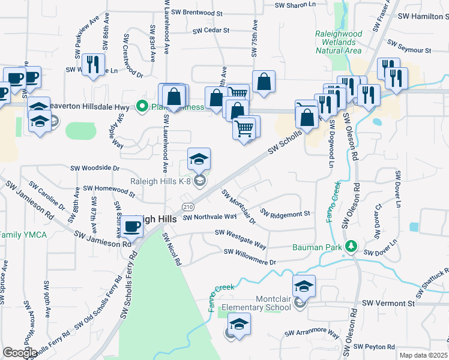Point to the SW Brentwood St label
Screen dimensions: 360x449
(x=196, y=12)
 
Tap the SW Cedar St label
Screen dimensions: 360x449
(x=211, y=30)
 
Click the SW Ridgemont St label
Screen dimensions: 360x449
(x=285, y=214)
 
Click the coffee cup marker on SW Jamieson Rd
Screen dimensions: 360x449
(x=131, y=227)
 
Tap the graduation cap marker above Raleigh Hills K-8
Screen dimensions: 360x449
(x=199, y=159)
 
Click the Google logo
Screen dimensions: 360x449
(x=20, y=353)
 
